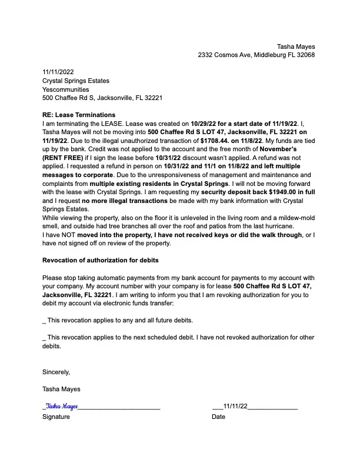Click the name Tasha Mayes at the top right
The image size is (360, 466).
coord(296,46)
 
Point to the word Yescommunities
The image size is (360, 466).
coord(66,89)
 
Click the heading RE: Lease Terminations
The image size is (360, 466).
coord(79,115)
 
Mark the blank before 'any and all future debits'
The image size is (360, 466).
coord(44,321)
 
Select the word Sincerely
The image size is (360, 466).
coord(56,372)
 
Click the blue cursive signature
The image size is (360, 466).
coord(61,406)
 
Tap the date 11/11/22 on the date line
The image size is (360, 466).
coord(235,406)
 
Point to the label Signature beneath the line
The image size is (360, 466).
coord(56,417)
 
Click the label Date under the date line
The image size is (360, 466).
coord(218,417)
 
